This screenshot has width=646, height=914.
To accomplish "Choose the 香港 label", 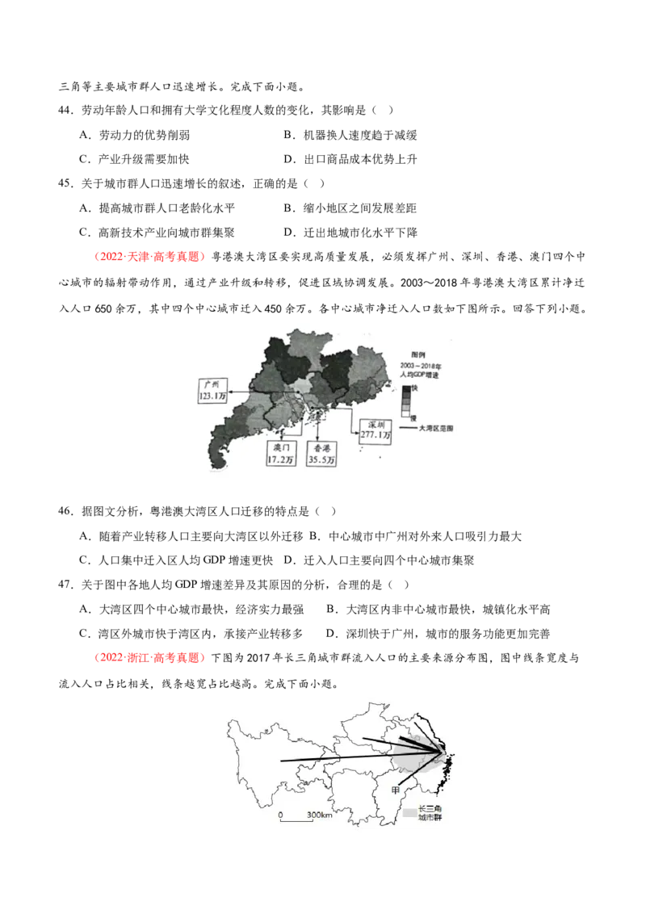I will click(x=321, y=447).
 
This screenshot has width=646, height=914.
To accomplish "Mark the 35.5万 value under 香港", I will click(x=321, y=459).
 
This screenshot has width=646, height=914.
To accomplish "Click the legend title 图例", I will click(x=418, y=354).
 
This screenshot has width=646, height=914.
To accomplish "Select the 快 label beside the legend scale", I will click(x=415, y=389).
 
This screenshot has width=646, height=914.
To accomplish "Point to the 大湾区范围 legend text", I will click(x=436, y=429).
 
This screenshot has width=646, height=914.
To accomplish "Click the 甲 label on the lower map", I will click(x=396, y=789).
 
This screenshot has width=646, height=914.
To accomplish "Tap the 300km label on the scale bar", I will click(x=321, y=815).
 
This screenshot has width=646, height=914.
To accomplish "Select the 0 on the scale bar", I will click(x=280, y=815).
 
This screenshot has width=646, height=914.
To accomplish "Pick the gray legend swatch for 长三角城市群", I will click(x=411, y=811).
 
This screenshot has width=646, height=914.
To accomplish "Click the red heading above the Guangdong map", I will click(x=149, y=258).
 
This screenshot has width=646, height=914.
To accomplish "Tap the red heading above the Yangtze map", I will click(x=149, y=658).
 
